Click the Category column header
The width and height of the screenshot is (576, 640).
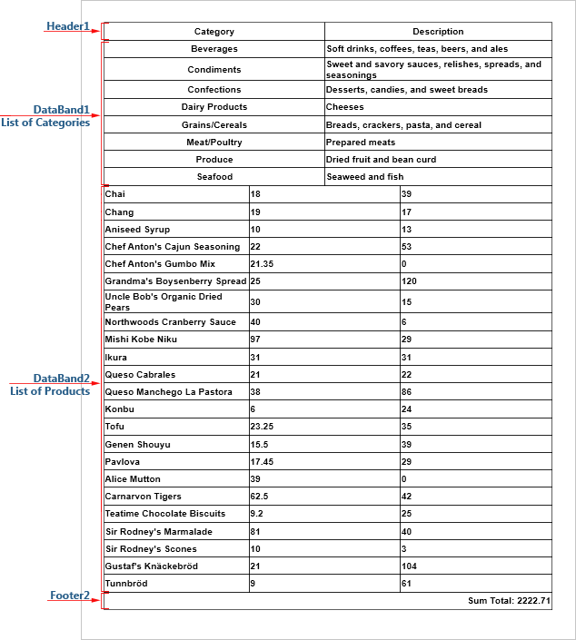coord(214,32)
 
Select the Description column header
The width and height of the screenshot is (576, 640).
coord(438,32)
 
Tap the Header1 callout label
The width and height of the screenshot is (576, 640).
coord(68,26)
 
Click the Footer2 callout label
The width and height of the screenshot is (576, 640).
coord(69,596)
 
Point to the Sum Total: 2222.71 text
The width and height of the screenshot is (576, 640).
coord(509,601)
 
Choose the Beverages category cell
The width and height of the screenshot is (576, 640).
coord(214,49)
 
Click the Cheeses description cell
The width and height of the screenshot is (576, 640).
coord(346,107)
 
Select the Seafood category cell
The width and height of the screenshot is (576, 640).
coord(214,177)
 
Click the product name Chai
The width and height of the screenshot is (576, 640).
coord(114,194)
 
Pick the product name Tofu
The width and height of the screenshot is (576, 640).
coord(114,427)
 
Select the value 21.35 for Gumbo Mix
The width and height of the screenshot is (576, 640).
coord(262,264)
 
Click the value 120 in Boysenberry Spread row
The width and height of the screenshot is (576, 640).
coord(410,281)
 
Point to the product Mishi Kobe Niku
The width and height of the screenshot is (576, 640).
coord(141,340)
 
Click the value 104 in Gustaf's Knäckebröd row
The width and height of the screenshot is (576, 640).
coord(410,566)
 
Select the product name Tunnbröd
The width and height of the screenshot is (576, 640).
coord(126,584)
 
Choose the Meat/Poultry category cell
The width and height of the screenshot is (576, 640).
coord(214,143)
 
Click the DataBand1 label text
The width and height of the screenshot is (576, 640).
coord(62,110)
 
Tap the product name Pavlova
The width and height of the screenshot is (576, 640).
coord(123,462)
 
